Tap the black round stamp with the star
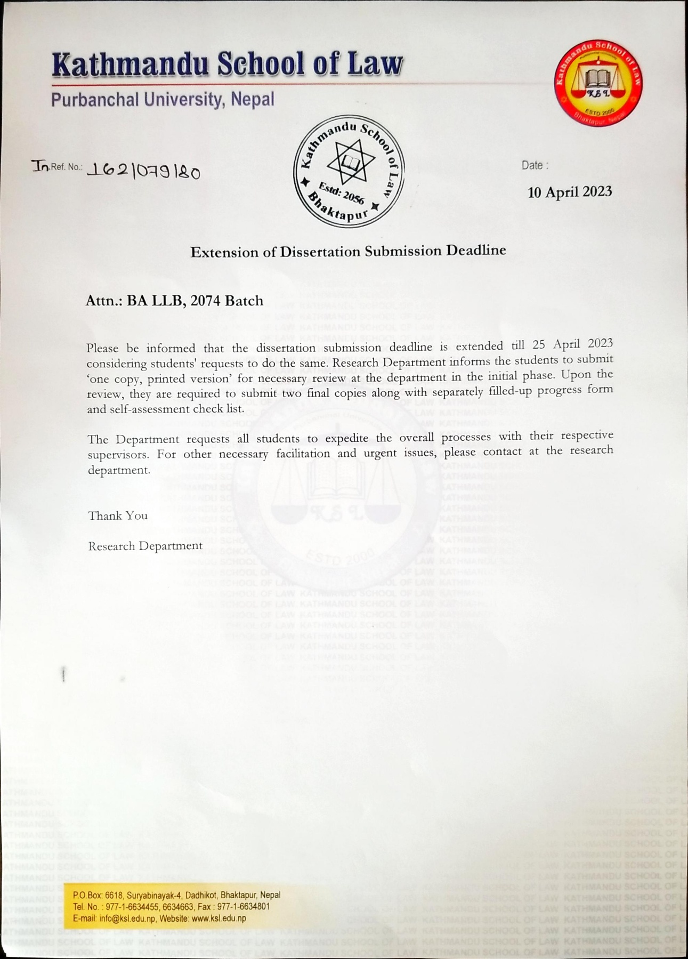pos(349,171)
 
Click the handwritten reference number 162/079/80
pos(143,171)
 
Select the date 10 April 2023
pos(570,192)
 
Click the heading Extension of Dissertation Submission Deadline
pos(348,251)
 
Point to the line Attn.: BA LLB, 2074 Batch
pos(174,301)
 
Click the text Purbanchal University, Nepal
pos(163,100)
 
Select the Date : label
pos(535,165)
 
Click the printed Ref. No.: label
pos(67,167)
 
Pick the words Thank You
pos(118,515)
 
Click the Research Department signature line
pos(145,546)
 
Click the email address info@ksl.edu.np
pos(127,918)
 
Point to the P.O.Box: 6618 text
pos(98,895)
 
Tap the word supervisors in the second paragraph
pos(118,455)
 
